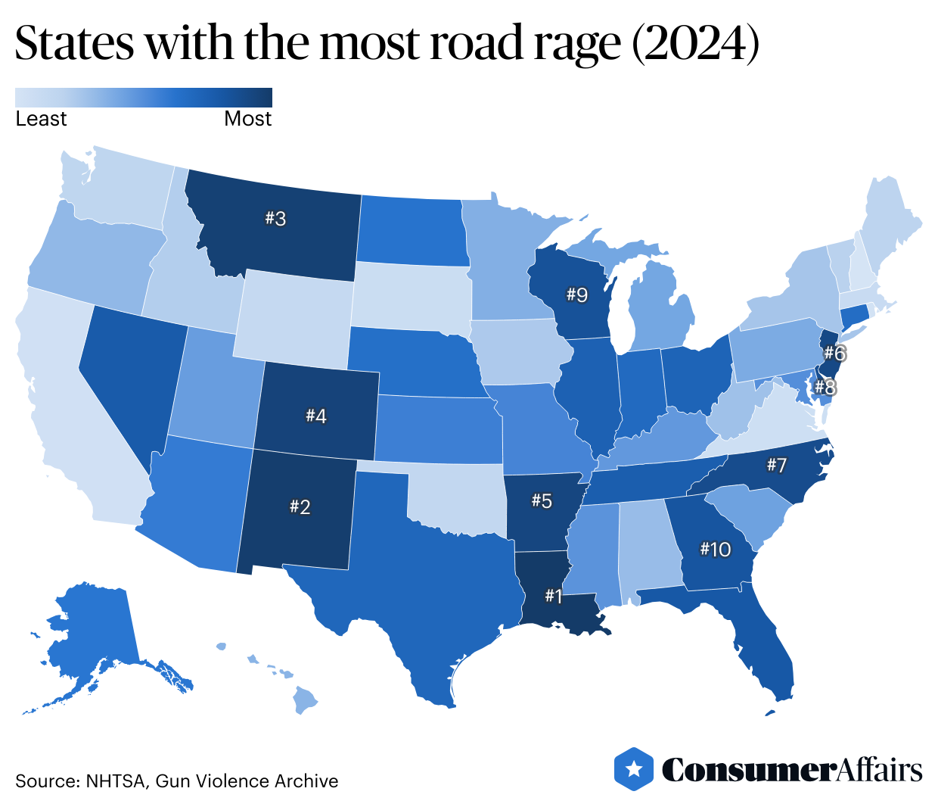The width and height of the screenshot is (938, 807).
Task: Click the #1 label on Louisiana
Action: click(554, 597)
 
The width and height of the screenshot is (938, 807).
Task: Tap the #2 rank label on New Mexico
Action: click(300, 506)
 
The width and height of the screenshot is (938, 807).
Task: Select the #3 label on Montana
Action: click(275, 219)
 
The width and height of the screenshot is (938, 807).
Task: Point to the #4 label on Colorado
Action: click(316, 416)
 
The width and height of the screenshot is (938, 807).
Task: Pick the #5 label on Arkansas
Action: click(542, 500)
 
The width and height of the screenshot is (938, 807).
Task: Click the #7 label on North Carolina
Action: click(777, 465)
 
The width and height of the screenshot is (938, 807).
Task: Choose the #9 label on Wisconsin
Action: click(577, 294)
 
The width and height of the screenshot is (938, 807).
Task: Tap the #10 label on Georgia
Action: click(716, 549)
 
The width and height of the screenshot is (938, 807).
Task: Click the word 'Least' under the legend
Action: click(41, 119)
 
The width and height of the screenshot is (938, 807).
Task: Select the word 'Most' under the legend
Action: click(247, 119)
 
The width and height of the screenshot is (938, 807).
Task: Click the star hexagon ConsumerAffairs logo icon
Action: click(634, 770)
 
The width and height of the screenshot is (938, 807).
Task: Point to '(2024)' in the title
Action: click(695, 44)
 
